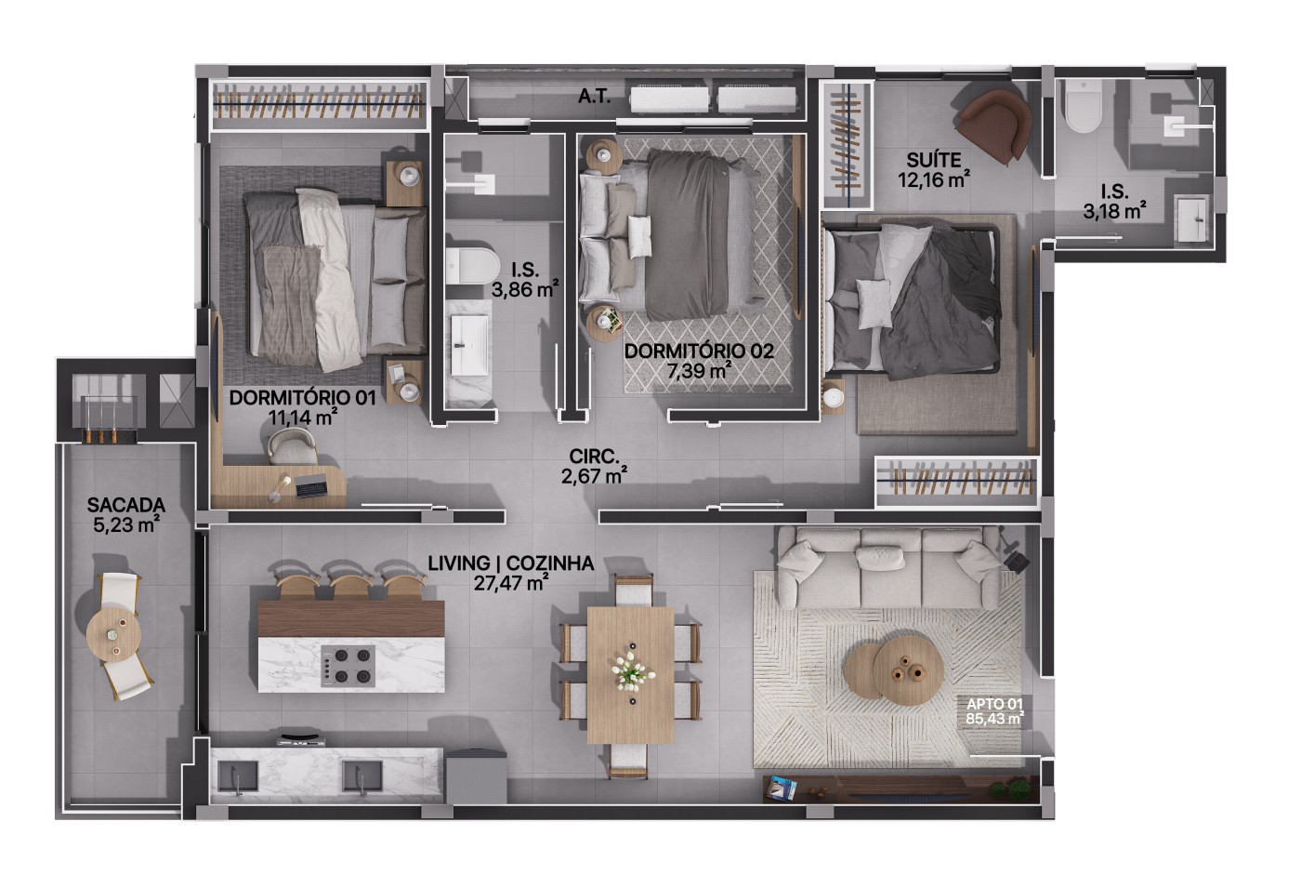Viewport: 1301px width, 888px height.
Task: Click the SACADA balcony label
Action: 126,504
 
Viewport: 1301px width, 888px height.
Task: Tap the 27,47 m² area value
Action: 510,583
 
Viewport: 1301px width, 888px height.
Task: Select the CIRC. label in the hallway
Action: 594,457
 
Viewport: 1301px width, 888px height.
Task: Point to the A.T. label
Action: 594,97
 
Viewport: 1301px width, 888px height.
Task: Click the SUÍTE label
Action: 934,160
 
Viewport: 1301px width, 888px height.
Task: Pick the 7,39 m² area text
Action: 699,370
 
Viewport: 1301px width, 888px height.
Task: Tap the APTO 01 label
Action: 994,704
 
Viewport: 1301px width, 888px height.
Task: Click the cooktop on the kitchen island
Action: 348,666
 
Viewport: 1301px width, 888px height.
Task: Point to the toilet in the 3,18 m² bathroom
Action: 1084,106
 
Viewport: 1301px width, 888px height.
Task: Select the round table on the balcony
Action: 113,635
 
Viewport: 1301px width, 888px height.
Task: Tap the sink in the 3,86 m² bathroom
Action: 469,345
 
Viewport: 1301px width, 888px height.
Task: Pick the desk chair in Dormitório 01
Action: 293,445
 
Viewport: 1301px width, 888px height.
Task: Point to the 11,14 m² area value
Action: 303,417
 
